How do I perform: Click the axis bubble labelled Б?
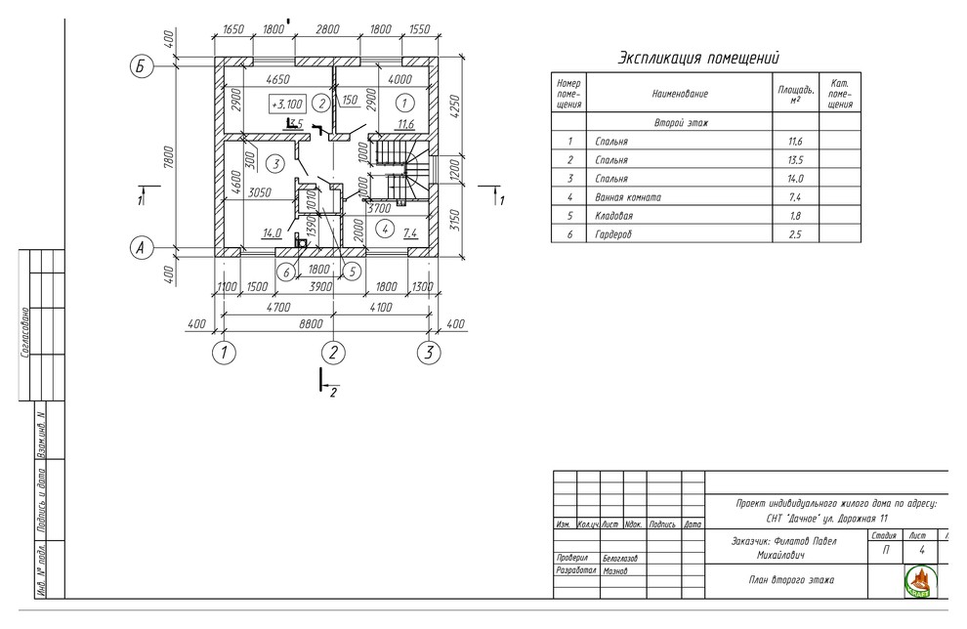pyautogui.click(x=142, y=66)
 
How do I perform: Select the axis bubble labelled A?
pyautogui.click(x=142, y=248)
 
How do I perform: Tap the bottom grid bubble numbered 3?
pyautogui.click(x=429, y=353)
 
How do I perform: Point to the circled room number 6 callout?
pyautogui.click(x=285, y=271)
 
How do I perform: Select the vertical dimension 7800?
pyautogui.click(x=168, y=156)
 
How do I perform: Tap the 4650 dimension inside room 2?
pyautogui.click(x=279, y=78)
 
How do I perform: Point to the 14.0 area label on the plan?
pyautogui.click(x=272, y=232)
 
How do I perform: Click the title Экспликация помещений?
pyautogui.click(x=698, y=59)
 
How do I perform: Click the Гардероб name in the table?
pyautogui.click(x=614, y=234)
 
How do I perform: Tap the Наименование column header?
pyautogui.click(x=680, y=94)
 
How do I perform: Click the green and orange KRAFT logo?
pyautogui.click(x=921, y=580)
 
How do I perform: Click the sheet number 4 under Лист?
pyautogui.click(x=921, y=550)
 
